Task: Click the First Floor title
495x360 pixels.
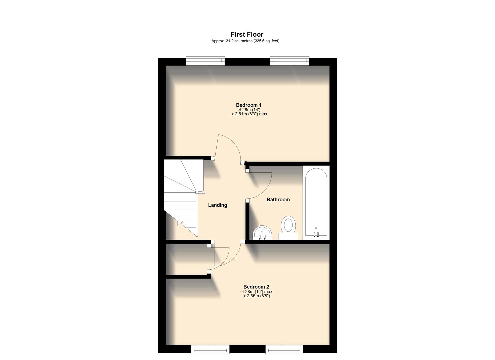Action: tap(247, 34)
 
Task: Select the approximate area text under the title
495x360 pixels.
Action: tap(245, 41)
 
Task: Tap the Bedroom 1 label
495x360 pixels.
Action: tap(249, 105)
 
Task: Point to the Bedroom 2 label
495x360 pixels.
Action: tap(256, 287)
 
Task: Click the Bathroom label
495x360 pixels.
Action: tap(278, 199)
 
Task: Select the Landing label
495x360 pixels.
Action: tap(217, 205)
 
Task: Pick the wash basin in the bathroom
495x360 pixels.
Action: tap(262, 233)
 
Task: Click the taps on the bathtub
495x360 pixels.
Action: tap(316, 234)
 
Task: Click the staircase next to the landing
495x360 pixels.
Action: tap(182, 197)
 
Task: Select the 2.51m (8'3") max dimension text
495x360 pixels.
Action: tap(249, 114)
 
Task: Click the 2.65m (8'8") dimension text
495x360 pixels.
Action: tap(257, 296)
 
